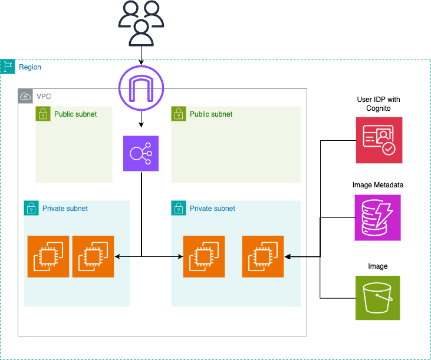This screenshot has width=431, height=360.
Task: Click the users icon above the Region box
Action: pyautogui.click(x=141, y=23)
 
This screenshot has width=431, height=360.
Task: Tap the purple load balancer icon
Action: pyautogui.click(x=141, y=154)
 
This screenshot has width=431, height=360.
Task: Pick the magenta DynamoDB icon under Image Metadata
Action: pyautogui.click(x=378, y=218)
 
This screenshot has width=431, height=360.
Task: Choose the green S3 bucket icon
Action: pyautogui.click(x=378, y=298)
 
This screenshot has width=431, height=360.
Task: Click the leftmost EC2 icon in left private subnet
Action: pyautogui.click(x=48, y=256)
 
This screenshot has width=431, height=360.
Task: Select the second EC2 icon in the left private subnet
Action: pyautogui.click(x=93, y=256)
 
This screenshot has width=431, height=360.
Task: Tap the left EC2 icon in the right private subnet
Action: pyautogui.click(x=204, y=256)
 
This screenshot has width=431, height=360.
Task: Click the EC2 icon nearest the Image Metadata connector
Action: pyautogui.click(x=263, y=256)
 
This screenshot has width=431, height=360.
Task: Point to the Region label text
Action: pyautogui.click(x=30, y=67)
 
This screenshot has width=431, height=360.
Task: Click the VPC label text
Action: pyautogui.click(x=44, y=96)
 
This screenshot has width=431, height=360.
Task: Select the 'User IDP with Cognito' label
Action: pyautogui.click(x=378, y=104)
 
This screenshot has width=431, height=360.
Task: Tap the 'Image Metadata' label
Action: pyautogui.click(x=378, y=185)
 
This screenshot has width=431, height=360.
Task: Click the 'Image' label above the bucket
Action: pyautogui.click(x=378, y=266)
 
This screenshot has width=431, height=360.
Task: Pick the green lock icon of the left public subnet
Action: pyautogui.click(x=43, y=114)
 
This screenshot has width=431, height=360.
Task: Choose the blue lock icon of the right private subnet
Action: pyautogui.click(x=179, y=208)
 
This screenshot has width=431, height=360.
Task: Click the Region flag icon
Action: pyautogui.click(x=8, y=67)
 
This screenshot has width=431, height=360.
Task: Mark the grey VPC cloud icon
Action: pyautogui.click(x=25, y=96)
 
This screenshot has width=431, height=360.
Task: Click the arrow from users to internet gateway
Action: pyautogui.click(x=141, y=56)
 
